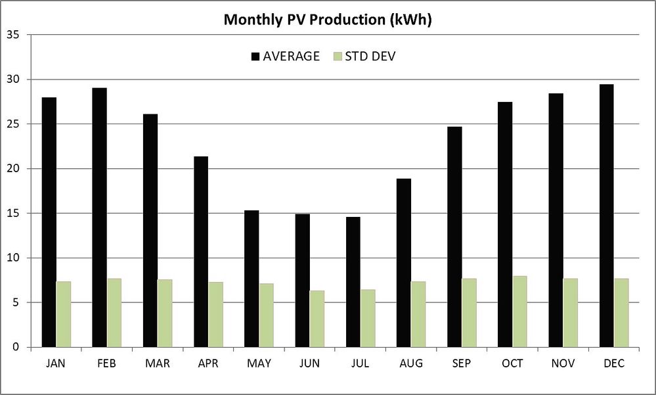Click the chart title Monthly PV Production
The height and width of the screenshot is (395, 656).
pos(327,20)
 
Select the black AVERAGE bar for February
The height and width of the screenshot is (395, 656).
pos(100,218)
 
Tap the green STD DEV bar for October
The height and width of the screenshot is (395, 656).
pos(519,312)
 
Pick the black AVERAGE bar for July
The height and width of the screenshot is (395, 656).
pos(353,282)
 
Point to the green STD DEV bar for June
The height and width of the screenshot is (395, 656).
pos(317,319)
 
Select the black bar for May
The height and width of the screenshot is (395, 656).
pos(251,279)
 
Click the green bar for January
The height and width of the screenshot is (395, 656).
pos(64,314)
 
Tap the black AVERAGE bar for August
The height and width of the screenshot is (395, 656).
pos(403,263)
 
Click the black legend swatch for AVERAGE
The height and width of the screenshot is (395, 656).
pos(255,57)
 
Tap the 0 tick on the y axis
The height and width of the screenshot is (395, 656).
pos(17,347)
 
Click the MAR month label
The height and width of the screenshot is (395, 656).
pos(158,363)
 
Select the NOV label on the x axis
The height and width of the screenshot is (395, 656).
pos(563,363)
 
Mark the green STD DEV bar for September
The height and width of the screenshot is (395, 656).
pos(469,313)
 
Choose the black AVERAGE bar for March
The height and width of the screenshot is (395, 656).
pos(150,231)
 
